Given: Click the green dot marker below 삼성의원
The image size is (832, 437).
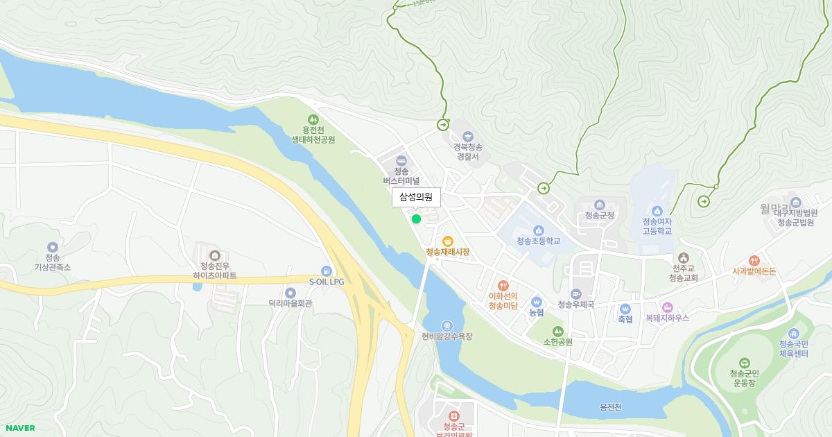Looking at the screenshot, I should click(416, 218).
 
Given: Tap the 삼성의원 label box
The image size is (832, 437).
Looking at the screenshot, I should click(416, 198).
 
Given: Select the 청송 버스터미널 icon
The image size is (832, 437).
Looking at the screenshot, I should click(401, 161).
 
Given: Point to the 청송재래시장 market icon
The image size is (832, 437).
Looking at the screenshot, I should click(448, 241).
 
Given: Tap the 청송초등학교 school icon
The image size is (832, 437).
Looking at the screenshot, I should click(538, 230).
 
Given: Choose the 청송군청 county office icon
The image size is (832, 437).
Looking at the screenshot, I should click(600, 205).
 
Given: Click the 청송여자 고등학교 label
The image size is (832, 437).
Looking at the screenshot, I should click(657, 226).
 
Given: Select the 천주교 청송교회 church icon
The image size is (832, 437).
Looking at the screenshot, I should click(684, 258).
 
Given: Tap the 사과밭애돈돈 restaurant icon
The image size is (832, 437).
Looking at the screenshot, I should click(754, 260).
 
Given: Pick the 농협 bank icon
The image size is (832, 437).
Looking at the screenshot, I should click(536, 302).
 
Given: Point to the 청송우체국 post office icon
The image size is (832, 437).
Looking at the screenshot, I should click(576, 294).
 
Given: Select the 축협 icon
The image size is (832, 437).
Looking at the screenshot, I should click(625, 309).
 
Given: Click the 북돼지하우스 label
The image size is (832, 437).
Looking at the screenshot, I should click(667, 318).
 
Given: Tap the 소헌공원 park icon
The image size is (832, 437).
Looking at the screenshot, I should click(557, 331).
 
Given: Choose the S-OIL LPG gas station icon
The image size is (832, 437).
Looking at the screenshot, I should click(326, 271).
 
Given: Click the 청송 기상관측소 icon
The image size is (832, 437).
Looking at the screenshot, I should click(53, 247).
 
